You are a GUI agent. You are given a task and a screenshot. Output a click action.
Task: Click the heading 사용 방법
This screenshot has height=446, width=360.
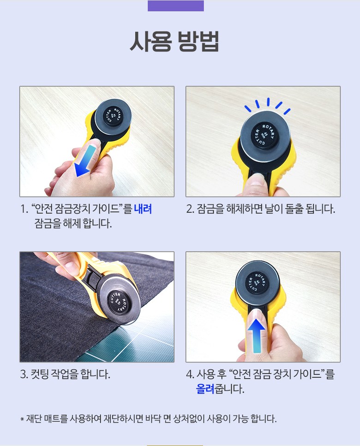(x=174, y=42)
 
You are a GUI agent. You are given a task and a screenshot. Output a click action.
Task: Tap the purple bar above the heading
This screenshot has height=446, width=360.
(x=176, y=6)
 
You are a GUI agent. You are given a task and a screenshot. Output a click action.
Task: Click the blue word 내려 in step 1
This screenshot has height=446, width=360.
(x=143, y=209)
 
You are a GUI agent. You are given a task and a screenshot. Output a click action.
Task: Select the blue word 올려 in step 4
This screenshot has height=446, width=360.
(x=205, y=389)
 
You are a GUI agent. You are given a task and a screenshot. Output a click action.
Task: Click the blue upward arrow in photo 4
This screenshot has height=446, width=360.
(x=256, y=336)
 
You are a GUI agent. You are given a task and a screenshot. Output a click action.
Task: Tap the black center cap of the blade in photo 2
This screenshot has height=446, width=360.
(x=264, y=135)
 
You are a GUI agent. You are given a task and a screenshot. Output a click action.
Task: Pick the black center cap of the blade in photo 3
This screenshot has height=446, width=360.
(x=118, y=302)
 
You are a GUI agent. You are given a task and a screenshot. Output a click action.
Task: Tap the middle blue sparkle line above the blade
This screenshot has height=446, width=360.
(x=268, y=102)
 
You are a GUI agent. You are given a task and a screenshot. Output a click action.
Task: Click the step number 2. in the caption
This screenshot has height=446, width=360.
(x=190, y=209)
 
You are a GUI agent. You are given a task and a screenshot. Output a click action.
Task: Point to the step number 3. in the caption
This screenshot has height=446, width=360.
(x=24, y=374)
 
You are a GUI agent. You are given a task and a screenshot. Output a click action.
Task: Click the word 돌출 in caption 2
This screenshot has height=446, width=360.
(x=294, y=209)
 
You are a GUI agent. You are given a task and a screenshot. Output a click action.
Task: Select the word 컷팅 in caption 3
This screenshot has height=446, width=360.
(x=40, y=374)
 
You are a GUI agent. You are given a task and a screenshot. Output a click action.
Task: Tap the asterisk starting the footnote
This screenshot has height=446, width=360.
(x=22, y=419)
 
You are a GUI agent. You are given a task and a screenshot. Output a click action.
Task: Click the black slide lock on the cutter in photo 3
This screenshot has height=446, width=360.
(x=93, y=277)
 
